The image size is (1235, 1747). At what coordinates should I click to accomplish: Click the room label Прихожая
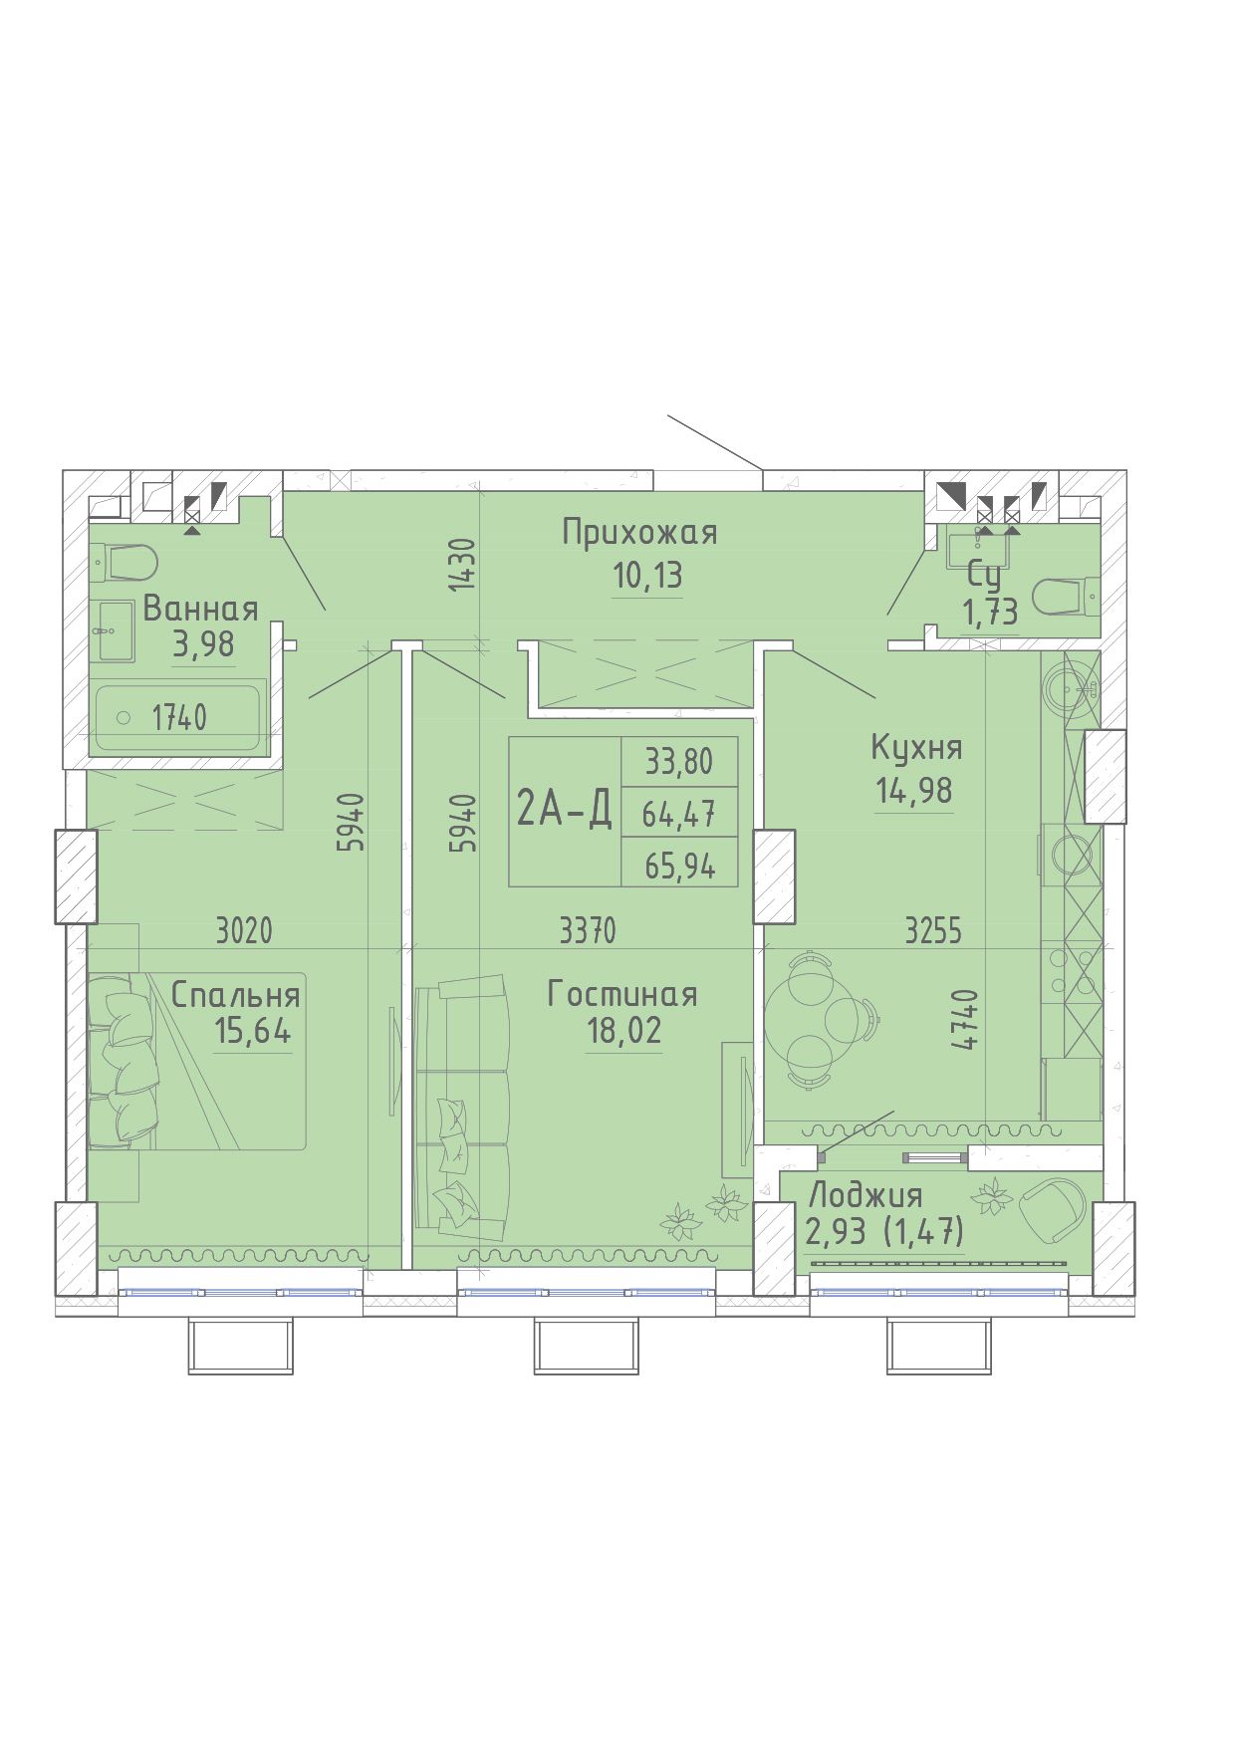click(x=639, y=533)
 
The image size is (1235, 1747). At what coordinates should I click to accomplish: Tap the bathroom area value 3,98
click(x=204, y=644)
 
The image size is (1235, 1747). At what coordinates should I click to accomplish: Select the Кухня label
click(x=917, y=747)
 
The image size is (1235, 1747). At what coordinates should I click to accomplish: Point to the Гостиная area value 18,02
click(x=624, y=1031)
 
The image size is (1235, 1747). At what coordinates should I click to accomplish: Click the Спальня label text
click(x=236, y=995)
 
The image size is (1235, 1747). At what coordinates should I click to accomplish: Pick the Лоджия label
click(x=865, y=1195)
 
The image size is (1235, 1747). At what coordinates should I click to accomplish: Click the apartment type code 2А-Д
click(x=564, y=811)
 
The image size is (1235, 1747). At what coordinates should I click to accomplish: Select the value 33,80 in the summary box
click(x=679, y=762)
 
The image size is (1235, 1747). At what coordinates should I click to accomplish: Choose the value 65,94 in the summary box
click(x=679, y=866)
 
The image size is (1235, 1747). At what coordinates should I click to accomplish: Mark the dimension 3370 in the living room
click(x=588, y=931)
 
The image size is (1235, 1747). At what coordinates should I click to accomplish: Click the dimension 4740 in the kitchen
click(x=963, y=1020)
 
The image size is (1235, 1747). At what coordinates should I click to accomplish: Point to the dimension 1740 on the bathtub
click(x=179, y=717)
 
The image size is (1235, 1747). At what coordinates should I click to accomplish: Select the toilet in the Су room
click(x=1066, y=598)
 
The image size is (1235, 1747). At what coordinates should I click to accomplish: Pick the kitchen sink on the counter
click(x=1071, y=686)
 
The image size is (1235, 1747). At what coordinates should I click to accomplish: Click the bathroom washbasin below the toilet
click(x=115, y=629)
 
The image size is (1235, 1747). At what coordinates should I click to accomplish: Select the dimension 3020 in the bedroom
click(x=244, y=931)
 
